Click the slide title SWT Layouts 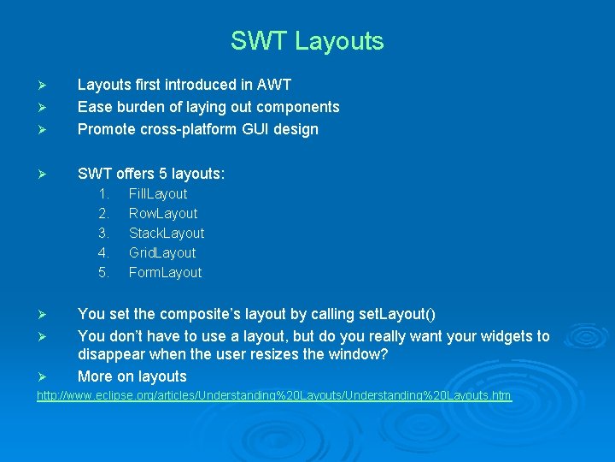(x=307, y=41)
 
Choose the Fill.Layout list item (x=158, y=194)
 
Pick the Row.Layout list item (x=163, y=214)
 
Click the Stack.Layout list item (x=167, y=234)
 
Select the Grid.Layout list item (x=162, y=253)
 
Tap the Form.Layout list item (x=165, y=273)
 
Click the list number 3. (x=103, y=234)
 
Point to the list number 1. (x=103, y=194)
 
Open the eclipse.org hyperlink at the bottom (x=274, y=395)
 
